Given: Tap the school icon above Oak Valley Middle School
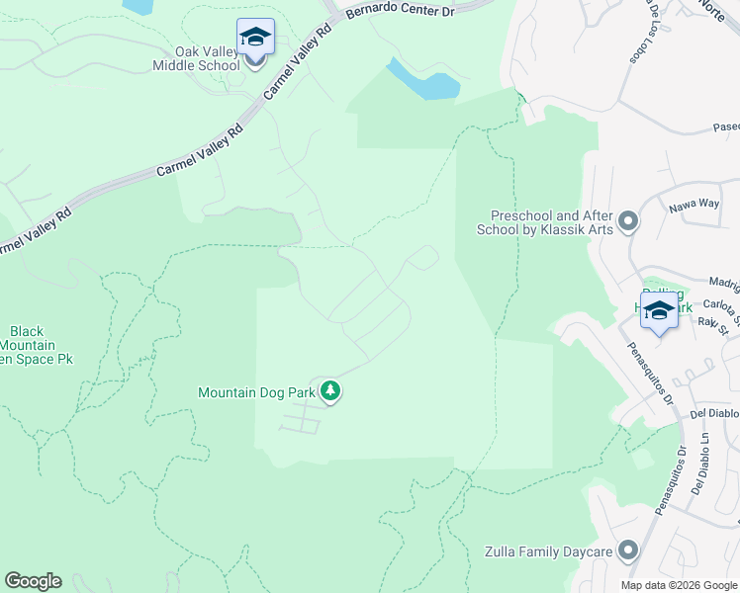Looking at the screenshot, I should [x=255, y=38].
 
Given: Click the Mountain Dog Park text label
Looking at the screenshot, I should [x=256, y=392].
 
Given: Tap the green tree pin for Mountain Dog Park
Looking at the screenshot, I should [x=330, y=392].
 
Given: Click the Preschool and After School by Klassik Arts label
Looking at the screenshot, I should [x=552, y=222].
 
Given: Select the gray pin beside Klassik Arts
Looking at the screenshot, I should [x=628, y=222].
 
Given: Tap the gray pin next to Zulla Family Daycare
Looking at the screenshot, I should [x=627, y=551].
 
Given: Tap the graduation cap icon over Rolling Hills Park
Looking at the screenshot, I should [x=659, y=310].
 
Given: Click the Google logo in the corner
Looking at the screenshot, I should [x=33, y=581].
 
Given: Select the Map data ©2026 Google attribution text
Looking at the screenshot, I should [x=679, y=585].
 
